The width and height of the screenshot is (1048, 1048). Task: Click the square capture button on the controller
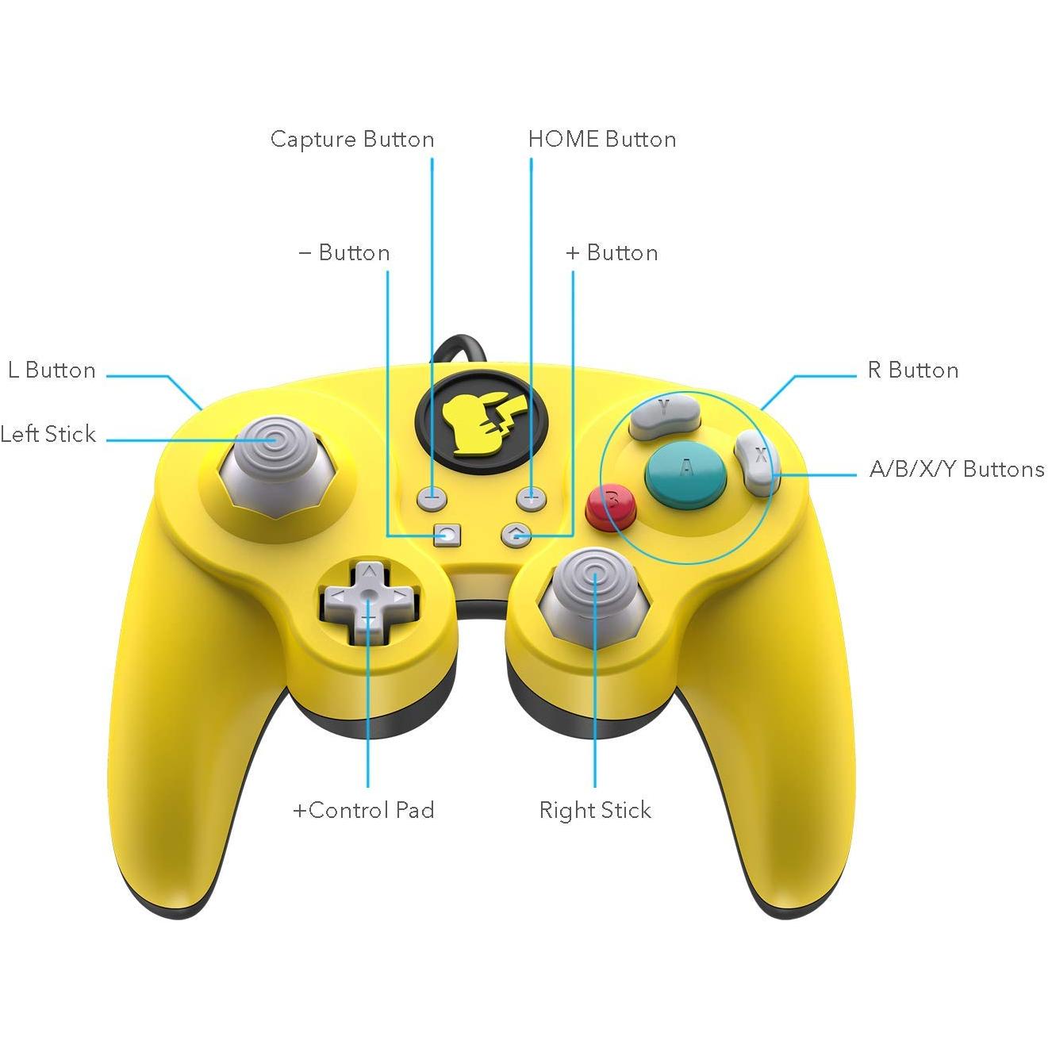coord(447,536)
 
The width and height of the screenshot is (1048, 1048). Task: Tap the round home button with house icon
coord(516,536)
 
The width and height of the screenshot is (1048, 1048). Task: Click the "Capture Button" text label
coord(352,139)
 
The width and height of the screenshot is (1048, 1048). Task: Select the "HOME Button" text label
coord(602,139)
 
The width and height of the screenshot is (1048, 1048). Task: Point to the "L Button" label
coord(52,370)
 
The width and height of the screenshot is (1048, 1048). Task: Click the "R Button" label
coord(913,370)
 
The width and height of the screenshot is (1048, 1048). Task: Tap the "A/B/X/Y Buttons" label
coord(957,469)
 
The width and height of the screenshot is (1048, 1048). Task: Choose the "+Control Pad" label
coord(364,810)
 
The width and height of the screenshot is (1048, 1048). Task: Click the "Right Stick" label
coord(595,811)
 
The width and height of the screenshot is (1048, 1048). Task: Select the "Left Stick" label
coord(48,434)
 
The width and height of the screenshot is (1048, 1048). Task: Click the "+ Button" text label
coord(612,253)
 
